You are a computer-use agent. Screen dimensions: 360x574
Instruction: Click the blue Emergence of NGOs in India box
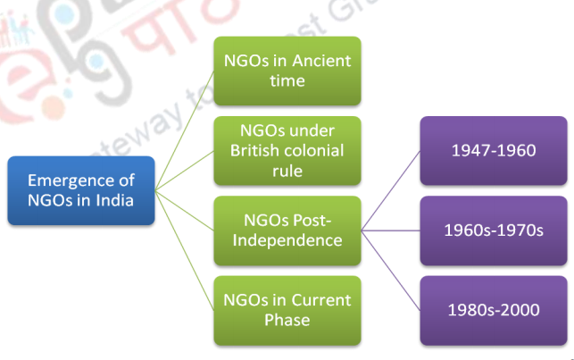[81, 189]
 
